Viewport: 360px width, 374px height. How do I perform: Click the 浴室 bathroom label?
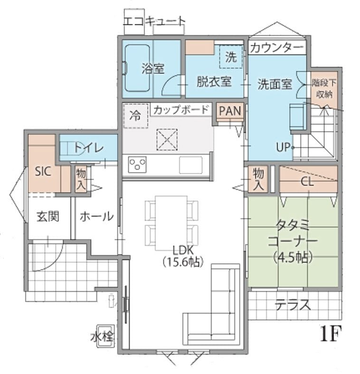(x=153, y=69)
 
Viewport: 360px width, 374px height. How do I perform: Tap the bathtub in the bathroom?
(x=137, y=68)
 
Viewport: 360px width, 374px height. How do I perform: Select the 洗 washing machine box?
(x=231, y=57)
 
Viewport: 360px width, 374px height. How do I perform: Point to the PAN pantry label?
(x=230, y=111)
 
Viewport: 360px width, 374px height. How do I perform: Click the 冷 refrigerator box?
(x=136, y=116)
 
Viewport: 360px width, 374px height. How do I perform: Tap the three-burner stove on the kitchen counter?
(x=137, y=164)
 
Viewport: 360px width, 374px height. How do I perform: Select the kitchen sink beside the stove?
(x=191, y=165)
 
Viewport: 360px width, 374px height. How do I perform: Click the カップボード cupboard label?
(x=181, y=110)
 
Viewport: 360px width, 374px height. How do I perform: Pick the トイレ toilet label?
(x=89, y=148)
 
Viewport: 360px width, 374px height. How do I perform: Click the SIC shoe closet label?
(x=43, y=171)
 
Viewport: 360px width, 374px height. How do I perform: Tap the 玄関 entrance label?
(x=47, y=217)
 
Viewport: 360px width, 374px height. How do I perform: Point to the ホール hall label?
(x=96, y=217)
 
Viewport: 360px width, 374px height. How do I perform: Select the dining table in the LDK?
(x=171, y=223)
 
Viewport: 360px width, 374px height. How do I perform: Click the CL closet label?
(x=307, y=182)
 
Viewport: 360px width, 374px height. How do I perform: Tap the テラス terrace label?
(x=293, y=304)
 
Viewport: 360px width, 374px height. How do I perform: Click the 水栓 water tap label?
(x=102, y=337)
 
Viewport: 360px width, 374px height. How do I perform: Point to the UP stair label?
(x=283, y=147)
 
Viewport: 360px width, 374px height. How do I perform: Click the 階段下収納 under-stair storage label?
(x=324, y=89)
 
